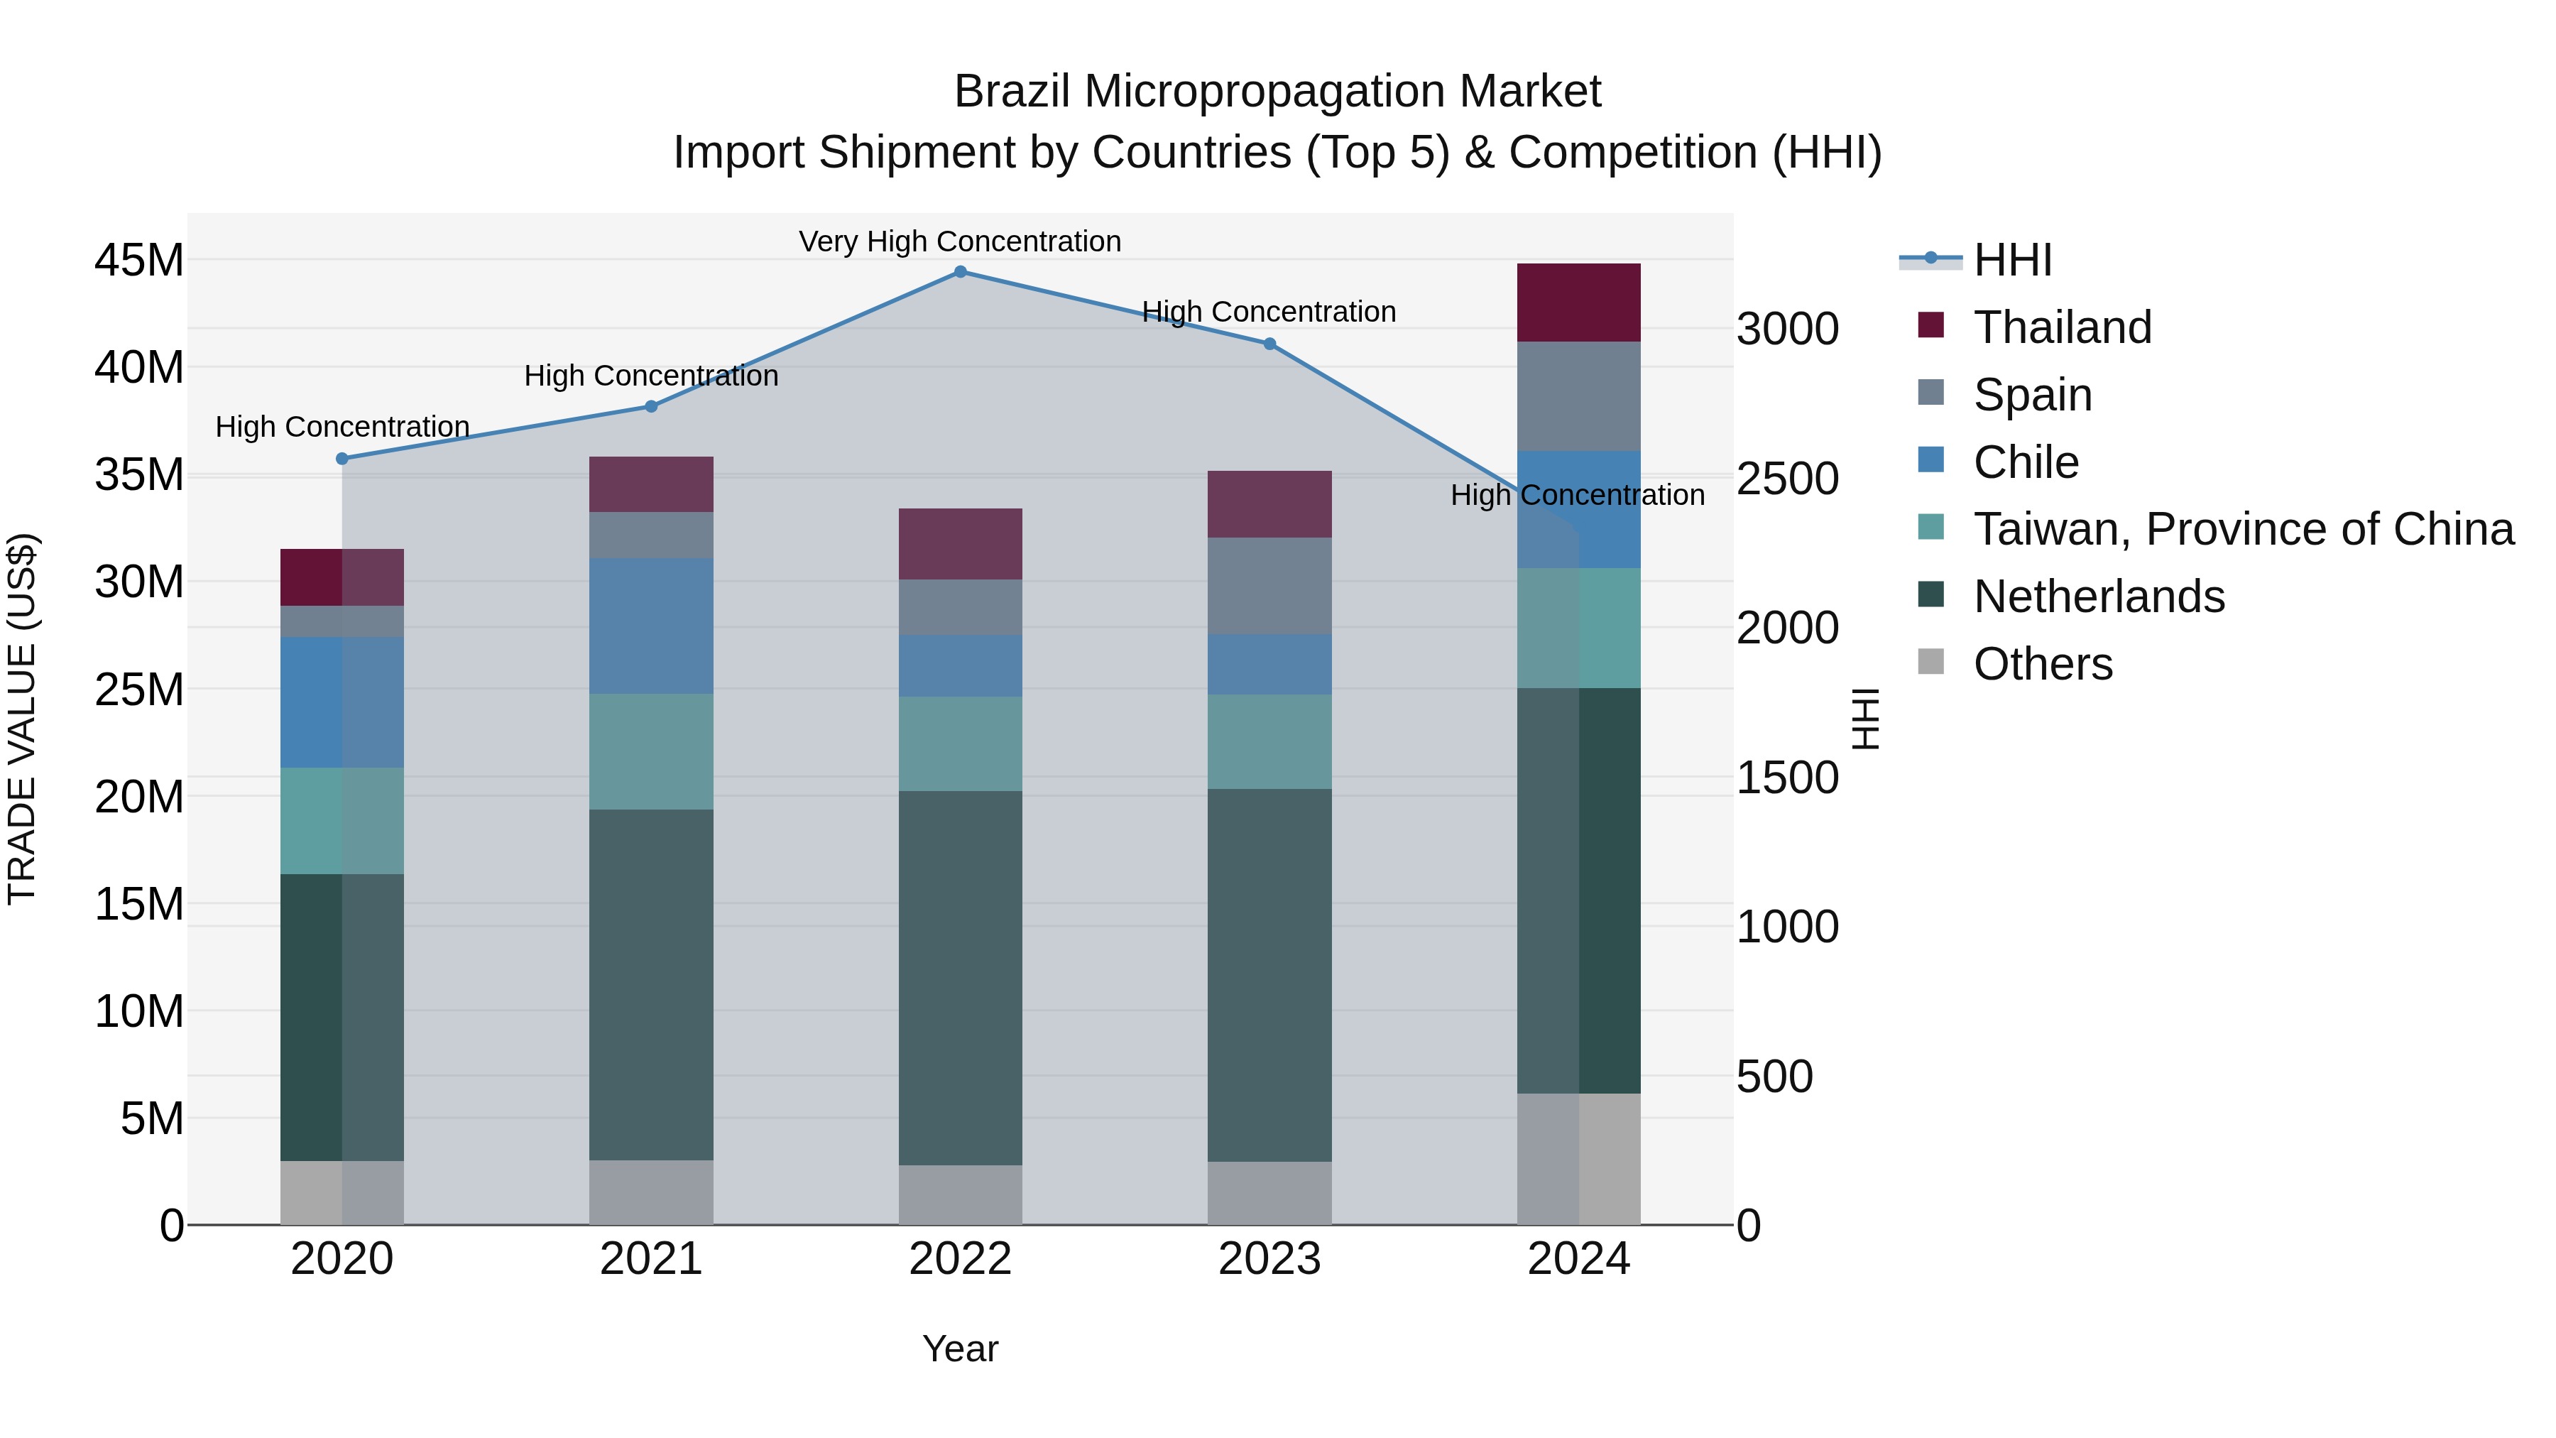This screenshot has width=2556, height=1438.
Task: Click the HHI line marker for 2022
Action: [959, 272]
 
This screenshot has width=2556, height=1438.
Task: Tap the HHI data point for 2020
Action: [342, 459]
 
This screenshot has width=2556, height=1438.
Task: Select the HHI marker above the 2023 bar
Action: [1269, 344]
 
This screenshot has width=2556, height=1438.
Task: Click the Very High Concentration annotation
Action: [959, 241]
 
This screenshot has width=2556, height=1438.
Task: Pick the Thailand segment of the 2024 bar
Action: [1578, 303]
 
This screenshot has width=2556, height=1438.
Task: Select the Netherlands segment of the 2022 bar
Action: [959, 978]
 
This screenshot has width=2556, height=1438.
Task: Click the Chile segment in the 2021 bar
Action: [651, 625]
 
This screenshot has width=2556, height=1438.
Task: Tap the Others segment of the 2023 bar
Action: [1269, 1193]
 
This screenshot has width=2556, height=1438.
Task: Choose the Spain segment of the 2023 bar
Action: [1269, 586]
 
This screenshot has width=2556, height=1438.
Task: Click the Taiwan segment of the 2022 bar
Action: [959, 743]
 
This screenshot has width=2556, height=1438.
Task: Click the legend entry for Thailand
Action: [2062, 327]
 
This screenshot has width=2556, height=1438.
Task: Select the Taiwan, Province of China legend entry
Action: [2242, 529]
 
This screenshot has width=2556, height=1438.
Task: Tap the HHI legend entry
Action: [2012, 260]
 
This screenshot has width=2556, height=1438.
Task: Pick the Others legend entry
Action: [2042, 664]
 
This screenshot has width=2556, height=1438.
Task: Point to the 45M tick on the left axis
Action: [139, 261]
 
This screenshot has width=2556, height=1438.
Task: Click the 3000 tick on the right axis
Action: [1787, 329]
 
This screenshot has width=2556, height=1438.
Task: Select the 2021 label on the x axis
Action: [651, 1259]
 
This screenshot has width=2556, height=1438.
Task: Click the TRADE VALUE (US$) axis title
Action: [23, 719]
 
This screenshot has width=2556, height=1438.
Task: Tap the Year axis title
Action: [959, 1349]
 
